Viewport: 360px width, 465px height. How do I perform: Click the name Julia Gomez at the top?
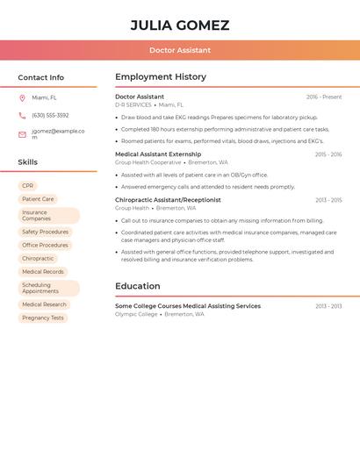click(x=180, y=25)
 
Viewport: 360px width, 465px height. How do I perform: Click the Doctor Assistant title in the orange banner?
click(x=180, y=50)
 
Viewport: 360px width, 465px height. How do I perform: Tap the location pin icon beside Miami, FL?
click(x=22, y=97)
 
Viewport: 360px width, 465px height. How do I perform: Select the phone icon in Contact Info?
click(x=22, y=115)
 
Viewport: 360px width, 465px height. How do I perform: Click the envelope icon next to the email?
click(x=22, y=134)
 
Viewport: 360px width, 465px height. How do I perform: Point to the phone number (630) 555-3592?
click(x=50, y=115)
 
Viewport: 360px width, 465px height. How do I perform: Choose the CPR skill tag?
click(x=28, y=186)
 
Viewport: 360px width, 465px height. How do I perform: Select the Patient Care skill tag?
click(x=38, y=199)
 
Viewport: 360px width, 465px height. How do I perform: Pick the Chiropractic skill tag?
click(x=38, y=259)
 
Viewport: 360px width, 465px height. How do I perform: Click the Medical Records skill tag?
click(x=43, y=272)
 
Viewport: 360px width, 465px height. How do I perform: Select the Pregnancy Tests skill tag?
click(x=43, y=318)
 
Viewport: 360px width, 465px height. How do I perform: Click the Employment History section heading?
click(x=161, y=77)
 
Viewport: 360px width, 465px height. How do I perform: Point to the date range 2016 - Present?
click(x=324, y=97)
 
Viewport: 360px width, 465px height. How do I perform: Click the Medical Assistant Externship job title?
click(x=158, y=154)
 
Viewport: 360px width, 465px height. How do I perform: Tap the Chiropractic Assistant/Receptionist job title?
click(x=168, y=200)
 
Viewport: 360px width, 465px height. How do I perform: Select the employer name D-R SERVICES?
click(x=133, y=105)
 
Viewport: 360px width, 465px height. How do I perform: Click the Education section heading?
click(x=138, y=286)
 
